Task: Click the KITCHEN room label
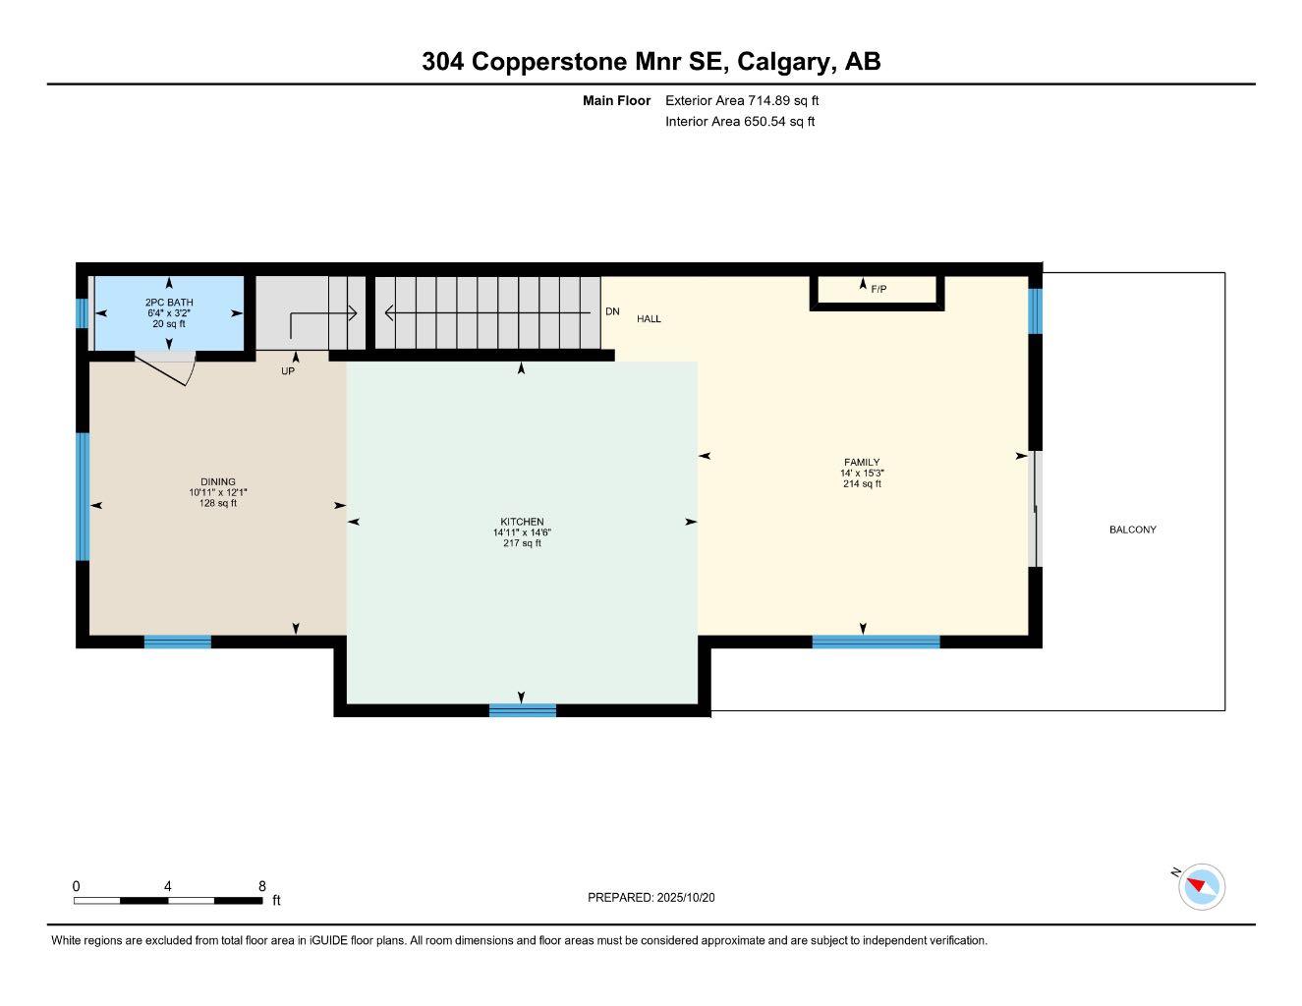522,522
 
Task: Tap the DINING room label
218,481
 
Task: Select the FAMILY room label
862,462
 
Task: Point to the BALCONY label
1132,530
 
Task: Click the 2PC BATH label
169,303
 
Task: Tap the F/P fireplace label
878,289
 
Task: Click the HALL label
649,318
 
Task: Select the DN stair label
612,311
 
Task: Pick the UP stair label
288,371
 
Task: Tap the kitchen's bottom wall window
523,710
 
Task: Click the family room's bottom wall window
876,642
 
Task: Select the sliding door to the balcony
1034,509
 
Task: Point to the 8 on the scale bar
261,886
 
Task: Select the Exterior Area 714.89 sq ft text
742,100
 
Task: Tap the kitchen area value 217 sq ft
522,543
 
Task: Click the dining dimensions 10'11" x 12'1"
218,492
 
